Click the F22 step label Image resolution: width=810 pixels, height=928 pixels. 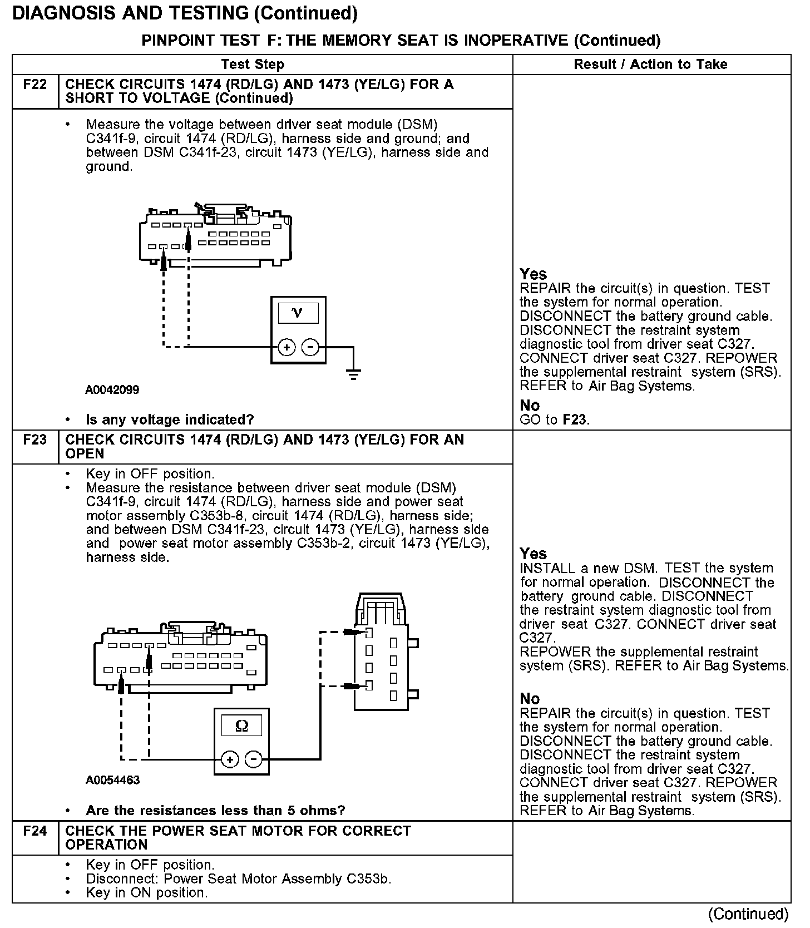click(x=34, y=85)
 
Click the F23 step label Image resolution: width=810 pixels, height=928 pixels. click(x=34, y=440)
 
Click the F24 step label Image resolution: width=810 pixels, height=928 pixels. click(x=34, y=831)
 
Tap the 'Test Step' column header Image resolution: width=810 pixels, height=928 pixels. click(x=253, y=65)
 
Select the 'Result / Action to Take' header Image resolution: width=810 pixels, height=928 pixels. click(x=650, y=65)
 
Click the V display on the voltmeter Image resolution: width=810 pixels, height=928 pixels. click(x=298, y=313)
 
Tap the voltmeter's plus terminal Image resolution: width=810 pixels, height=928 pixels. click(x=287, y=348)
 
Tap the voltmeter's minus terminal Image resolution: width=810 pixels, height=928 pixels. click(x=310, y=348)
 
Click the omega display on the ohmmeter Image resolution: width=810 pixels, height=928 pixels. click(x=241, y=725)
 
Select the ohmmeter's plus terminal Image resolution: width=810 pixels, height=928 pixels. click(x=230, y=759)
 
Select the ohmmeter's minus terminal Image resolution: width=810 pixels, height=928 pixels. click(x=254, y=759)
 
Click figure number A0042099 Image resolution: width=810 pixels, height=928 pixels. click(x=112, y=389)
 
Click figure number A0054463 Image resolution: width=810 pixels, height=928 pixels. click(x=112, y=780)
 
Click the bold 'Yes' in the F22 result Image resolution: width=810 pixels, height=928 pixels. click(x=533, y=274)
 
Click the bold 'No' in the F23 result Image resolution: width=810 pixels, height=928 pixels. click(x=530, y=699)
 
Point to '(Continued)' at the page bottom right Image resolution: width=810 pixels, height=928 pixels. click(x=748, y=914)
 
